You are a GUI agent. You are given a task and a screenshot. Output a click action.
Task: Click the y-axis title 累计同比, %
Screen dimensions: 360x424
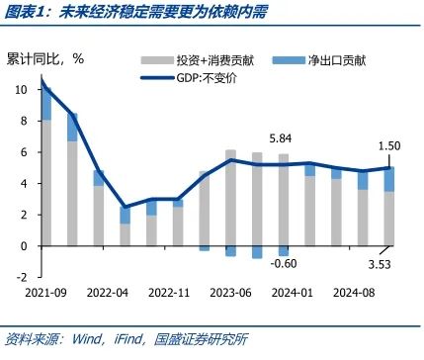click(x=44, y=58)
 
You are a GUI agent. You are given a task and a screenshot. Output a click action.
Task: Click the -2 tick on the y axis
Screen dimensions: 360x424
click(x=22, y=277)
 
